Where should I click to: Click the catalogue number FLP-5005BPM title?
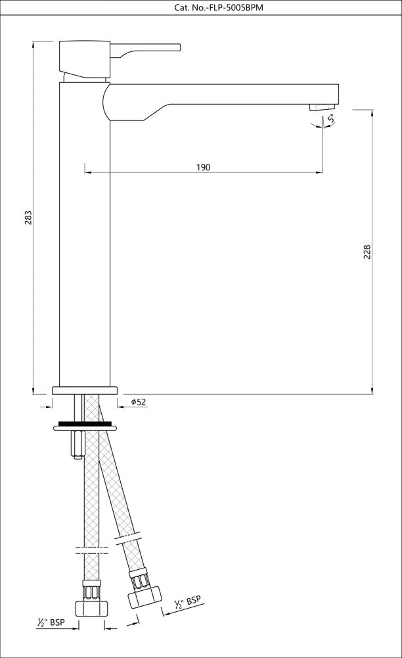200,8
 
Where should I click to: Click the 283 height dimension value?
28,218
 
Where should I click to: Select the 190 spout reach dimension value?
203,167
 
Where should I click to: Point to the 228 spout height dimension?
367,251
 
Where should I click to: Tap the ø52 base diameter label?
138,402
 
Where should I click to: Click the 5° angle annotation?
332,119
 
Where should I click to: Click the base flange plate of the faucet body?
84,390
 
